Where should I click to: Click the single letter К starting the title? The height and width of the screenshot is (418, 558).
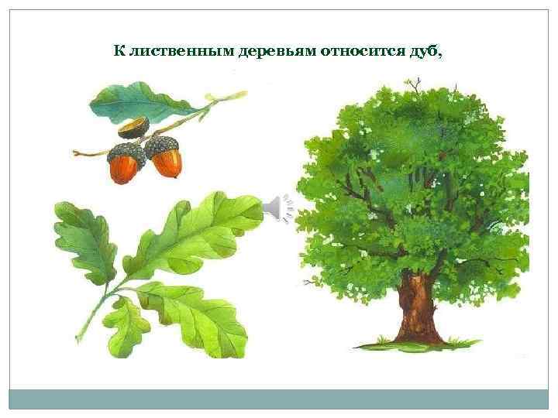click(x=119, y=52)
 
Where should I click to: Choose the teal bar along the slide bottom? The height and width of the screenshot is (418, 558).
click(x=279, y=399)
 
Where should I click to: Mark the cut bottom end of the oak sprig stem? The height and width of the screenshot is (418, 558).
click(x=77, y=339)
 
